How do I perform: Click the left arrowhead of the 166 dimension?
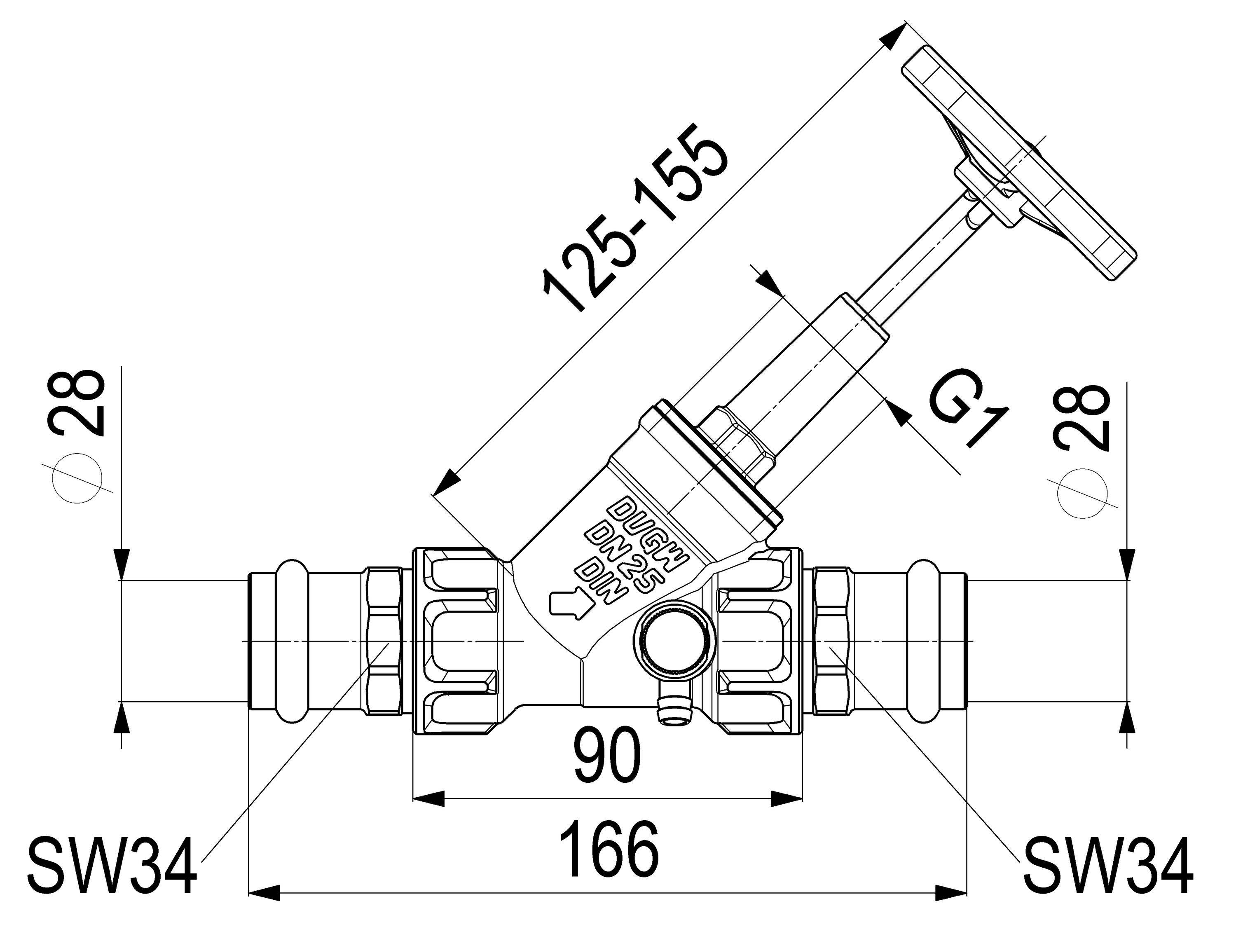(262, 892)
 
